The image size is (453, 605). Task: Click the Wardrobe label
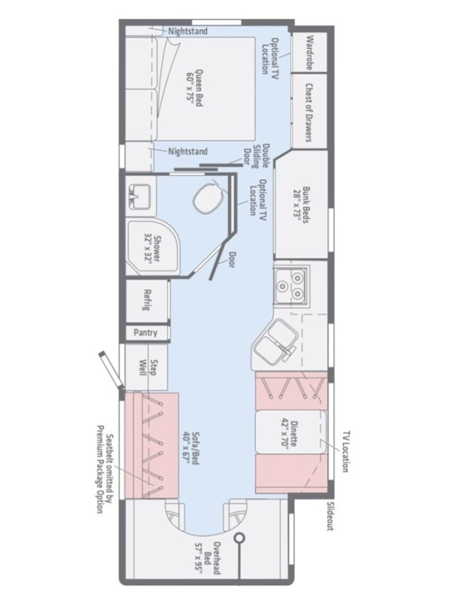pyautogui.click(x=310, y=53)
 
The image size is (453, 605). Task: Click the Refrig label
pyautogui.click(x=147, y=300)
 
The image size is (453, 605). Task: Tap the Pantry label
pyautogui.click(x=145, y=333)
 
